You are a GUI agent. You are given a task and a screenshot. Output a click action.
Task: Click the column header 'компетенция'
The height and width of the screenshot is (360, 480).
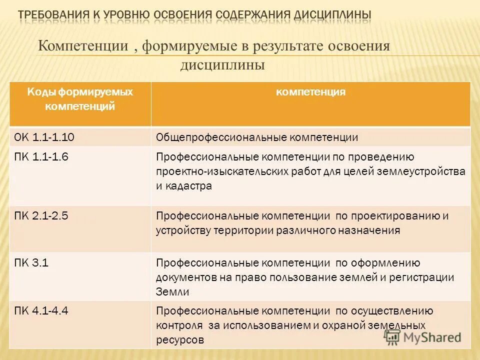(x=310, y=92)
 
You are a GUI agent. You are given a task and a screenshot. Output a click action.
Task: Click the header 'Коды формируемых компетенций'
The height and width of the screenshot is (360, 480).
(x=80, y=99)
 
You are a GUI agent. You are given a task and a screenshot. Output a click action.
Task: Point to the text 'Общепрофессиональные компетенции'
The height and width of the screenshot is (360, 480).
(x=257, y=137)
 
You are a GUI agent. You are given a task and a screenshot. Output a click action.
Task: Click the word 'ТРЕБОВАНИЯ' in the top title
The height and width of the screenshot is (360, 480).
(x=54, y=15)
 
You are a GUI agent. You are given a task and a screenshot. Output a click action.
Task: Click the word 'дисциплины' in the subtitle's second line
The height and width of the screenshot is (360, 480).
(x=222, y=65)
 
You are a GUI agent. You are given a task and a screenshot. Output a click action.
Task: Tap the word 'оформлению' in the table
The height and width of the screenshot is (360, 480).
(x=385, y=263)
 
